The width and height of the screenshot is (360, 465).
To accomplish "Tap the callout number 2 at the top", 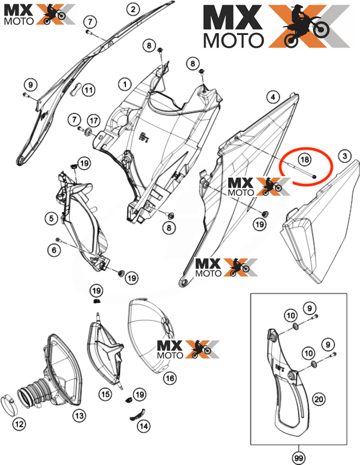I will click(132, 9).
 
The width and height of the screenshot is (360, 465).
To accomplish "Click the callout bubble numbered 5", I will click(52, 219).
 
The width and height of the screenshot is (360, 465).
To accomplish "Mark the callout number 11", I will click(88, 91).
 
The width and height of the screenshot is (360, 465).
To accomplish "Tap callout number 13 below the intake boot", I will click(78, 415).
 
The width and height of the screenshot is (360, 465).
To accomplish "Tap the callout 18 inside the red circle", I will click(303, 159).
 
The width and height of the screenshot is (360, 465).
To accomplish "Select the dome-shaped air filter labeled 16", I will click(148, 337).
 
